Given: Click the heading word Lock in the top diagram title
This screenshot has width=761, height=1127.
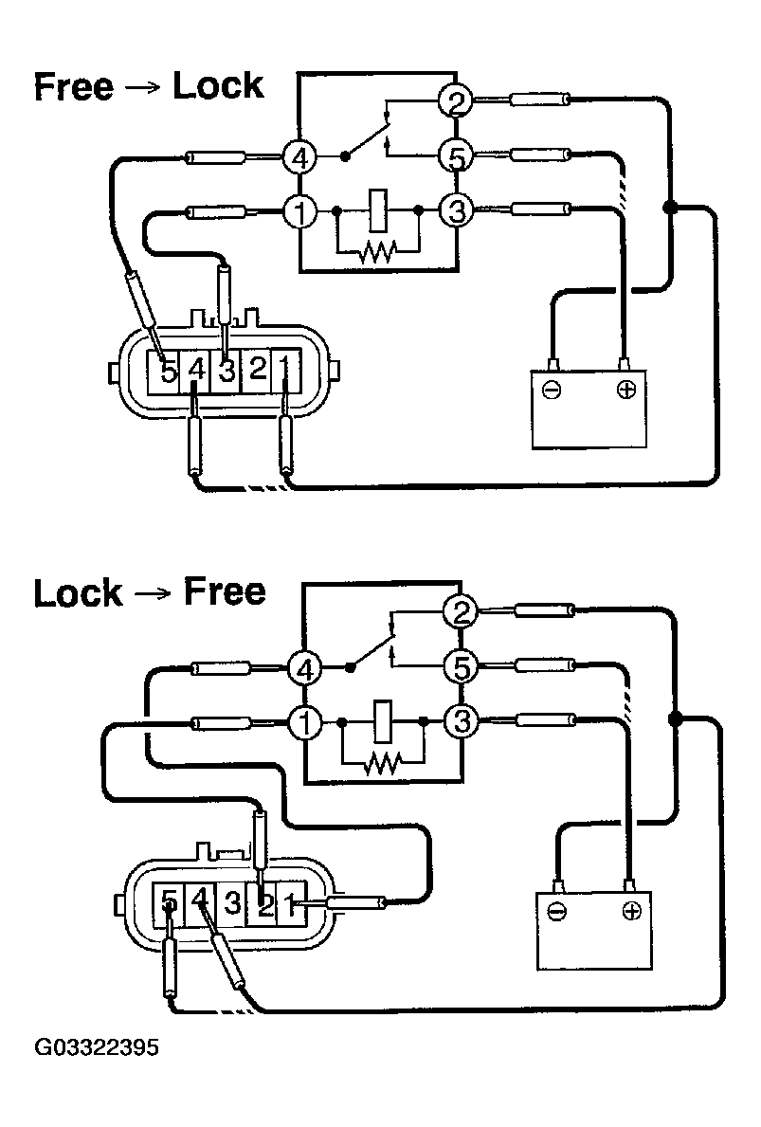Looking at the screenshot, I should coord(217,86).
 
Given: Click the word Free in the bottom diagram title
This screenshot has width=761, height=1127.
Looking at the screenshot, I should coord(224,592).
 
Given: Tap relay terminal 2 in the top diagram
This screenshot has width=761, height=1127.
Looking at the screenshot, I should coord(457,101).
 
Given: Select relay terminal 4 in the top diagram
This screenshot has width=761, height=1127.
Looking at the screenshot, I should coord(300,157).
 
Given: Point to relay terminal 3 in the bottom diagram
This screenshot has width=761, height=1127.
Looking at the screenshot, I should coord(462,722).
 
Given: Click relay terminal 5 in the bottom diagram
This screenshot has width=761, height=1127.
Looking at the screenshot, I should coord(462,668).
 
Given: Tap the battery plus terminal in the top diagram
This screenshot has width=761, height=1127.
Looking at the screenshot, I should coord(625,389).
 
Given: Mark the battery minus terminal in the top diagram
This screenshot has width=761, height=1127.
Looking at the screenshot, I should coord(553,389).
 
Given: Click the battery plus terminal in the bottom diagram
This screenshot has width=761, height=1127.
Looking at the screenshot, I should coord(630,911).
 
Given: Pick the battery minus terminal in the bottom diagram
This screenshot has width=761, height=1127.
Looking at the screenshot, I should coord(557,911).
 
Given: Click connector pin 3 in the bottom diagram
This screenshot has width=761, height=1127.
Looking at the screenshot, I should coord(231,902).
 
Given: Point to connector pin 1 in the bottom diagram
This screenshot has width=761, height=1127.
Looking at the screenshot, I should coord(292,902).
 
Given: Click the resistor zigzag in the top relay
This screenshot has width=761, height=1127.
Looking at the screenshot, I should coord(378,251).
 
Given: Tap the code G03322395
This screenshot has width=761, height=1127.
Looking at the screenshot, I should coord(97,1049).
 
